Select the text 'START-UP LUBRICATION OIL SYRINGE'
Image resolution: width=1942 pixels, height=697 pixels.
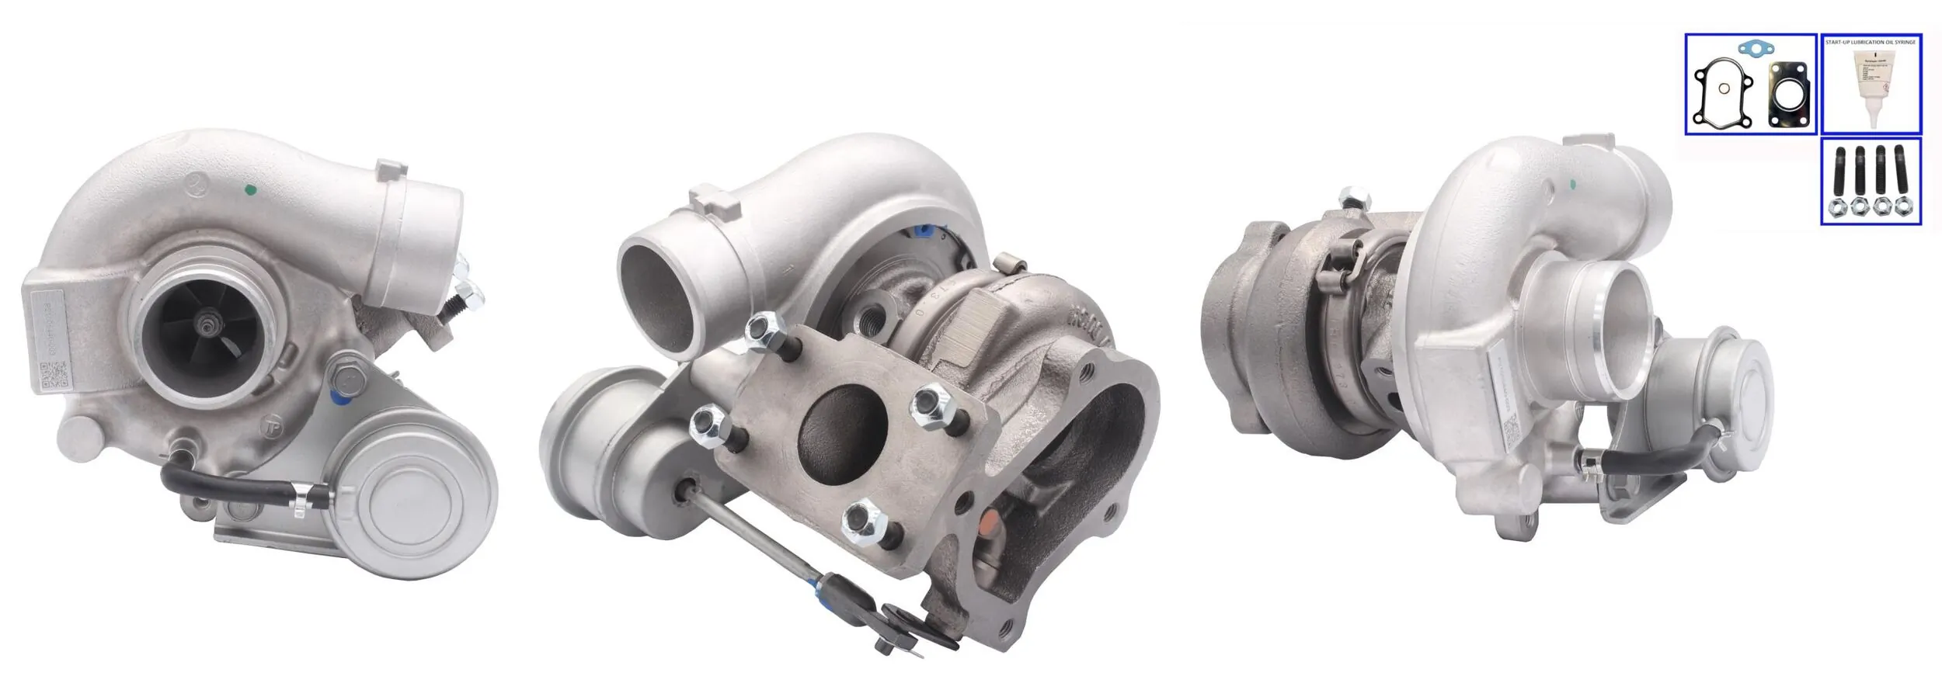tap(1871, 41)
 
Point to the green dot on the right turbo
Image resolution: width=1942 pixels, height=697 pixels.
tap(1573, 185)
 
